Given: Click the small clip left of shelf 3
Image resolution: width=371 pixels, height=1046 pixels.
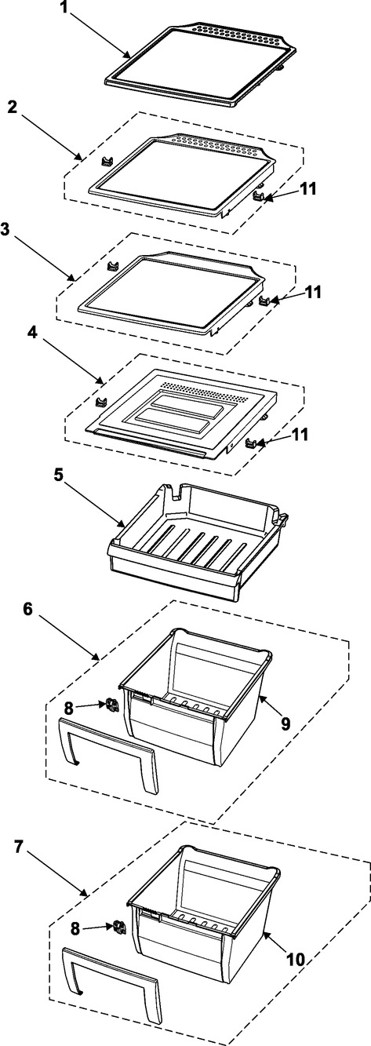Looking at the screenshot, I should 111,266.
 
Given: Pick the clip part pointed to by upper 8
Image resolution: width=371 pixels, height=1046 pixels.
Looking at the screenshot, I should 111,705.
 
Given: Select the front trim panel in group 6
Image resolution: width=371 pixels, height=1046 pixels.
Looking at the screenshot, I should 108,751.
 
